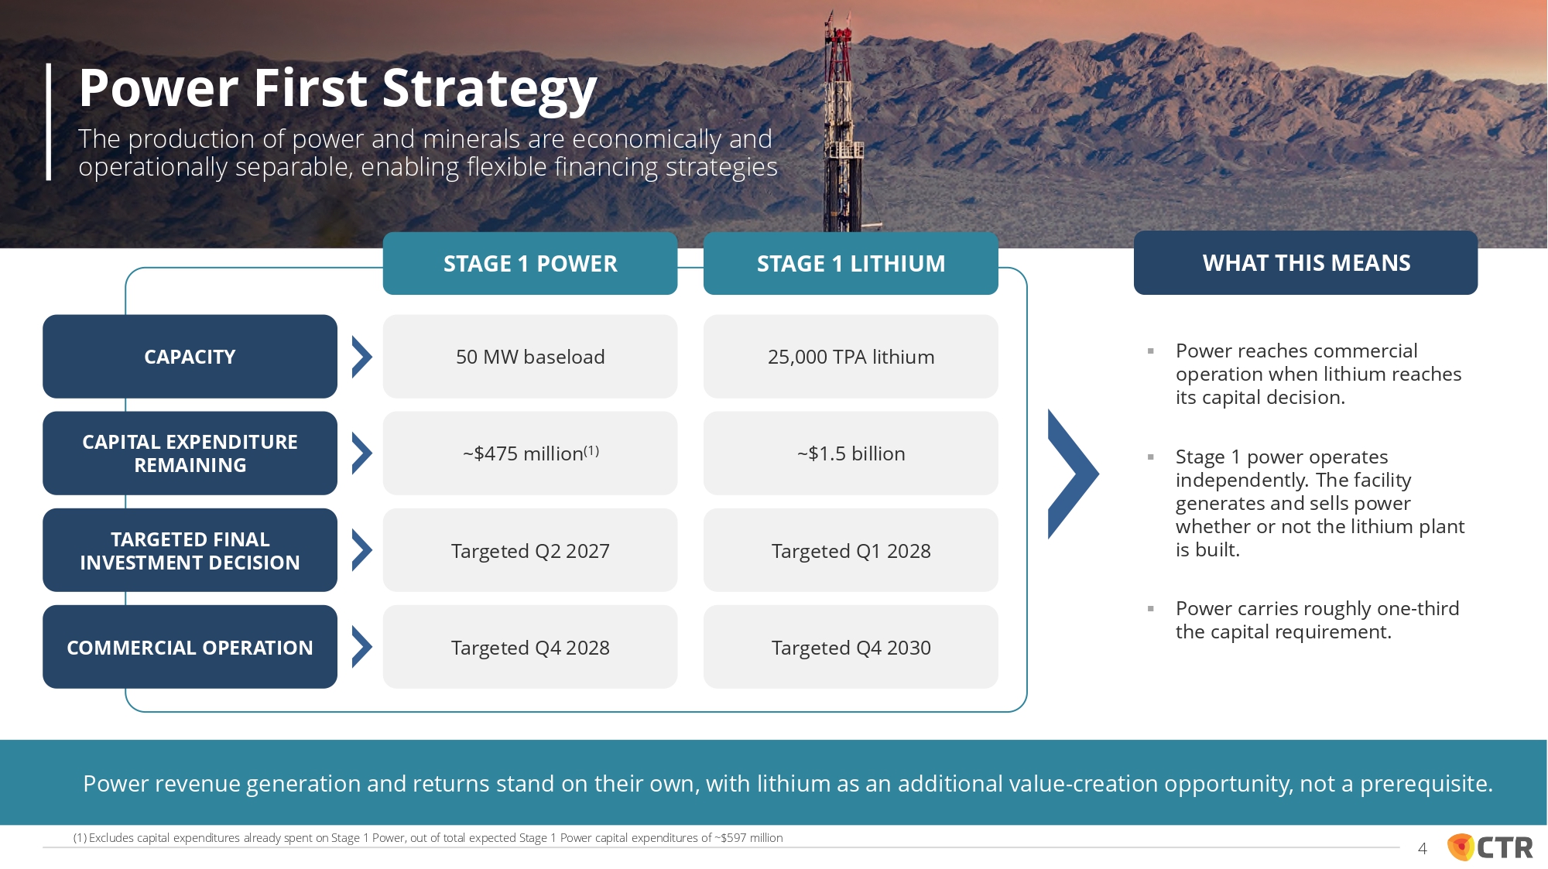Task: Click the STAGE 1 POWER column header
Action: click(530, 263)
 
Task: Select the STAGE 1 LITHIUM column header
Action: click(851, 263)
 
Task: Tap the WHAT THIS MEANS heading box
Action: click(1306, 262)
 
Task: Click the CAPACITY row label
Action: click(190, 357)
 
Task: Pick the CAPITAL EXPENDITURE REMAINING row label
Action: click(190, 453)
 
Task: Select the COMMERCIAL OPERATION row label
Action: click(190, 647)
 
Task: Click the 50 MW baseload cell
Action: click(530, 357)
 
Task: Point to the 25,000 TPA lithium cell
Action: click(851, 357)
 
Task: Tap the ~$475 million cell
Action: click(530, 453)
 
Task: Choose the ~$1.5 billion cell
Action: click(851, 453)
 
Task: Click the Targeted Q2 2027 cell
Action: click(530, 550)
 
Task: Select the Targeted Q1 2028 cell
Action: click(851, 550)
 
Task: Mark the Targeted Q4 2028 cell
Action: click(530, 647)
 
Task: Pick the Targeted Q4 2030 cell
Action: click(851, 647)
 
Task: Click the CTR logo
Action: click(1490, 847)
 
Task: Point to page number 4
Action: click(1422, 849)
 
